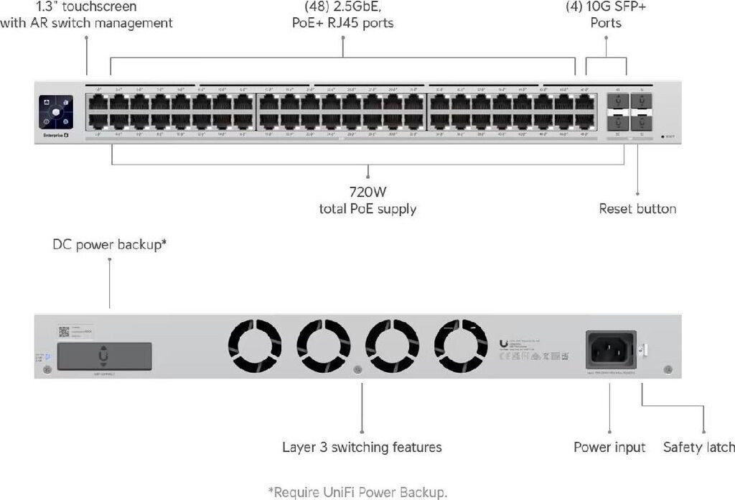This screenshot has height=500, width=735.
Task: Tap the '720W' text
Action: coord(367,193)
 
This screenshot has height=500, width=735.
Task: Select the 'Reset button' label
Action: coord(637,209)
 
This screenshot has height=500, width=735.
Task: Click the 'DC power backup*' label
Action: coord(110,244)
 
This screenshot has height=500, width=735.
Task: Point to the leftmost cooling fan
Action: coord(256,346)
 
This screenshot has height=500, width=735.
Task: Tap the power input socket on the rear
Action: coord(611,350)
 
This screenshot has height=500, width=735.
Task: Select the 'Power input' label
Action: coord(609,448)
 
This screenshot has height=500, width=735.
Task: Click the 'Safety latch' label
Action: coord(698,448)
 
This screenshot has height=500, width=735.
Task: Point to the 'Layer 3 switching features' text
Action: coord(362,448)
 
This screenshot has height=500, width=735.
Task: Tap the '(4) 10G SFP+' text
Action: coord(606,7)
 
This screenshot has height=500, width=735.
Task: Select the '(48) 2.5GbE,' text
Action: coord(342,7)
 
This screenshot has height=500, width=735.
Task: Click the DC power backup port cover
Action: coord(104,356)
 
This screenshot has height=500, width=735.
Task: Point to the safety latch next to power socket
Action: coord(644,350)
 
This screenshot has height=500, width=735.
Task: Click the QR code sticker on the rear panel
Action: coord(63,332)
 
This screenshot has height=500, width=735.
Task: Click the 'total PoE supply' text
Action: coord(367,209)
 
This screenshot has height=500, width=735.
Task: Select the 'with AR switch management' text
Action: coord(86,23)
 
